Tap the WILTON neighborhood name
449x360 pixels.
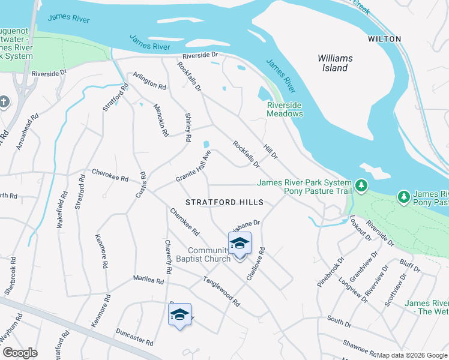384,39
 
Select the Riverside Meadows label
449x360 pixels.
285,109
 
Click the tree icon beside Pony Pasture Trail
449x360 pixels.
361,186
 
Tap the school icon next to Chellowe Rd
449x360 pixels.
240,244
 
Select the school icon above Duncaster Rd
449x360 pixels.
179,315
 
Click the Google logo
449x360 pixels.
20,353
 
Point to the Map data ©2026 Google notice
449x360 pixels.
412,355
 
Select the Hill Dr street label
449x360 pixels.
270,151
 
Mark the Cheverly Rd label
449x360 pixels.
169,257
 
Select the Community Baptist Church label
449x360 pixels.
209,254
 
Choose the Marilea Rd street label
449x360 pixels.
149,280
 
